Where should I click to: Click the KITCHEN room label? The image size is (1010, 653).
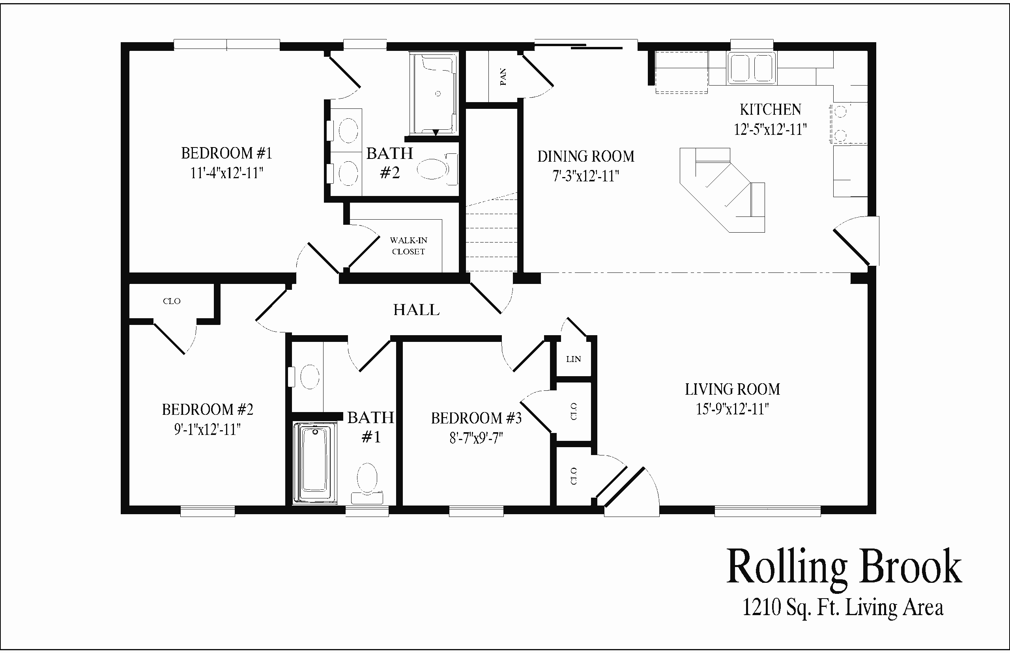(x=771, y=109)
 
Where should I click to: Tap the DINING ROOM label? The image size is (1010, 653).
(x=586, y=157)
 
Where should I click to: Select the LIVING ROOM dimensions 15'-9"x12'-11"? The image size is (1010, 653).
(x=732, y=409)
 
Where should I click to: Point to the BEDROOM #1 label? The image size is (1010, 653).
(x=226, y=153)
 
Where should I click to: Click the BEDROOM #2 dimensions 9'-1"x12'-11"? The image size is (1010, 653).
(x=208, y=429)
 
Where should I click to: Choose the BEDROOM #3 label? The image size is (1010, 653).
(x=476, y=418)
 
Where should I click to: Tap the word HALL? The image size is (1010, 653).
(x=416, y=310)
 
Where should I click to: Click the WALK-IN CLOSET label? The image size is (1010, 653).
(x=408, y=246)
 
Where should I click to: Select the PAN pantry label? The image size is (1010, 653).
(x=503, y=77)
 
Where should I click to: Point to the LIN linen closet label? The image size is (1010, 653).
(x=574, y=359)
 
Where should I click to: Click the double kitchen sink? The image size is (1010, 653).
(x=752, y=68)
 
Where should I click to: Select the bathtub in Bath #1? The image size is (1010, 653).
(x=315, y=463)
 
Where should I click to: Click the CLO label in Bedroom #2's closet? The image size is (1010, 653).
(x=172, y=301)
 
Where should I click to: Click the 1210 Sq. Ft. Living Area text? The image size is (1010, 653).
(x=843, y=608)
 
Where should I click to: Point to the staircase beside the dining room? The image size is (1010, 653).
(x=492, y=232)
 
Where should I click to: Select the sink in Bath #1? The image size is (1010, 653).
(x=310, y=377)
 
